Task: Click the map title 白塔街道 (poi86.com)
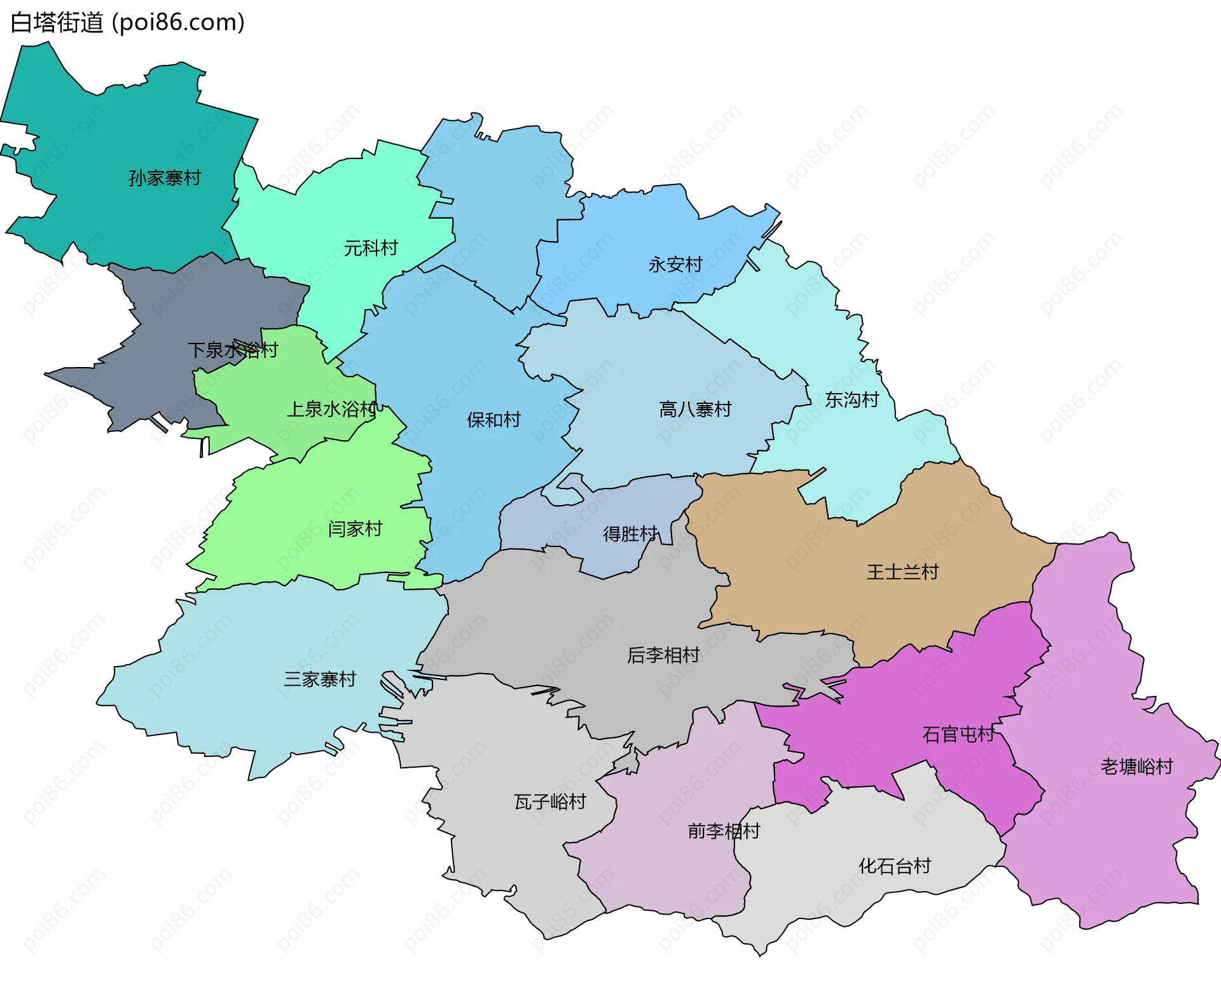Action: [x=127, y=23]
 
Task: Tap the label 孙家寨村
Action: [x=165, y=178]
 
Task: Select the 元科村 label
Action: [x=371, y=248]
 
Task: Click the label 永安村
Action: [x=675, y=265]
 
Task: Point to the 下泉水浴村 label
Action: [x=233, y=350]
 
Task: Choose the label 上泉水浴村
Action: [x=332, y=409]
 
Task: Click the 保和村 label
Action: [x=493, y=420]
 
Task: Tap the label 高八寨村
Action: [x=695, y=410]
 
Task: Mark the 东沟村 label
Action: [x=852, y=400]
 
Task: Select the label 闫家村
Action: [x=355, y=529]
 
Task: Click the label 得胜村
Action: [x=630, y=534]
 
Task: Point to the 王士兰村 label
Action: [x=902, y=572]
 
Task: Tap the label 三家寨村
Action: [x=320, y=680]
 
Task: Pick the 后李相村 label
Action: [x=663, y=655]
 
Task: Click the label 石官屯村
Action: [x=958, y=735]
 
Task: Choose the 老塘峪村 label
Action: [x=1137, y=767]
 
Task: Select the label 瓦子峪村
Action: [x=550, y=802]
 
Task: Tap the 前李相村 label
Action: [x=724, y=831]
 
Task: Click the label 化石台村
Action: [x=895, y=866]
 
